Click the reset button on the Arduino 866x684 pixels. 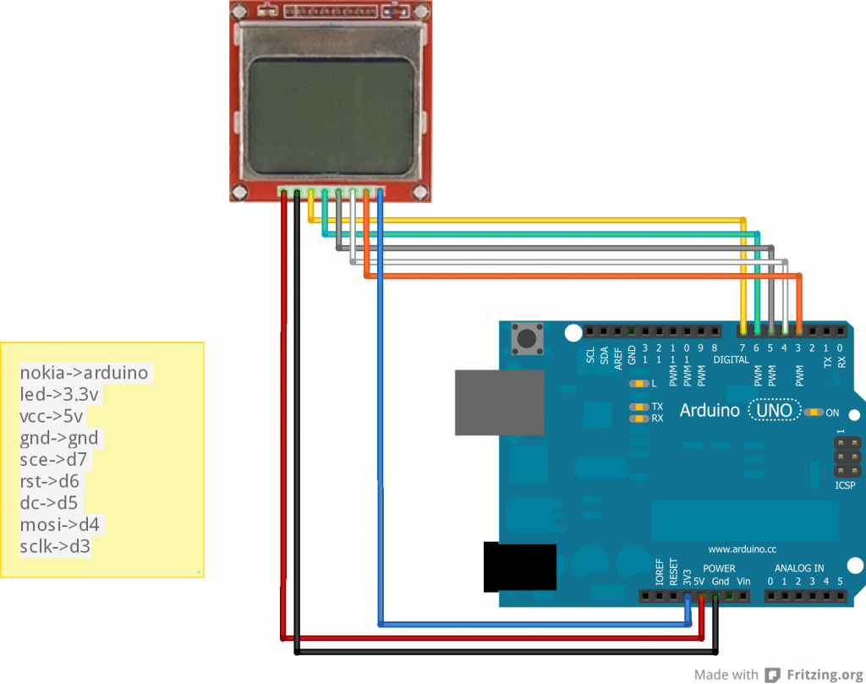click(x=529, y=338)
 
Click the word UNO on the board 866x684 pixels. click(x=776, y=411)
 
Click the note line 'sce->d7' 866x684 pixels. click(x=54, y=460)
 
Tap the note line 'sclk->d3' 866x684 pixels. click(x=55, y=547)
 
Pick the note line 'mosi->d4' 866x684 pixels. click(x=59, y=525)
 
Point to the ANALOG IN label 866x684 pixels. click(x=799, y=568)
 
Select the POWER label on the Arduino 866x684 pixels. click(x=719, y=568)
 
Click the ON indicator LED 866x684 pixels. click(x=814, y=413)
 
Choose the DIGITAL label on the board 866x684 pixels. click(x=731, y=359)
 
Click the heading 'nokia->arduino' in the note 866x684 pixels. click(x=84, y=372)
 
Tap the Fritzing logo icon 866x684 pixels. click(x=772, y=674)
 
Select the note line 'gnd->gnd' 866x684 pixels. click(x=59, y=438)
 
